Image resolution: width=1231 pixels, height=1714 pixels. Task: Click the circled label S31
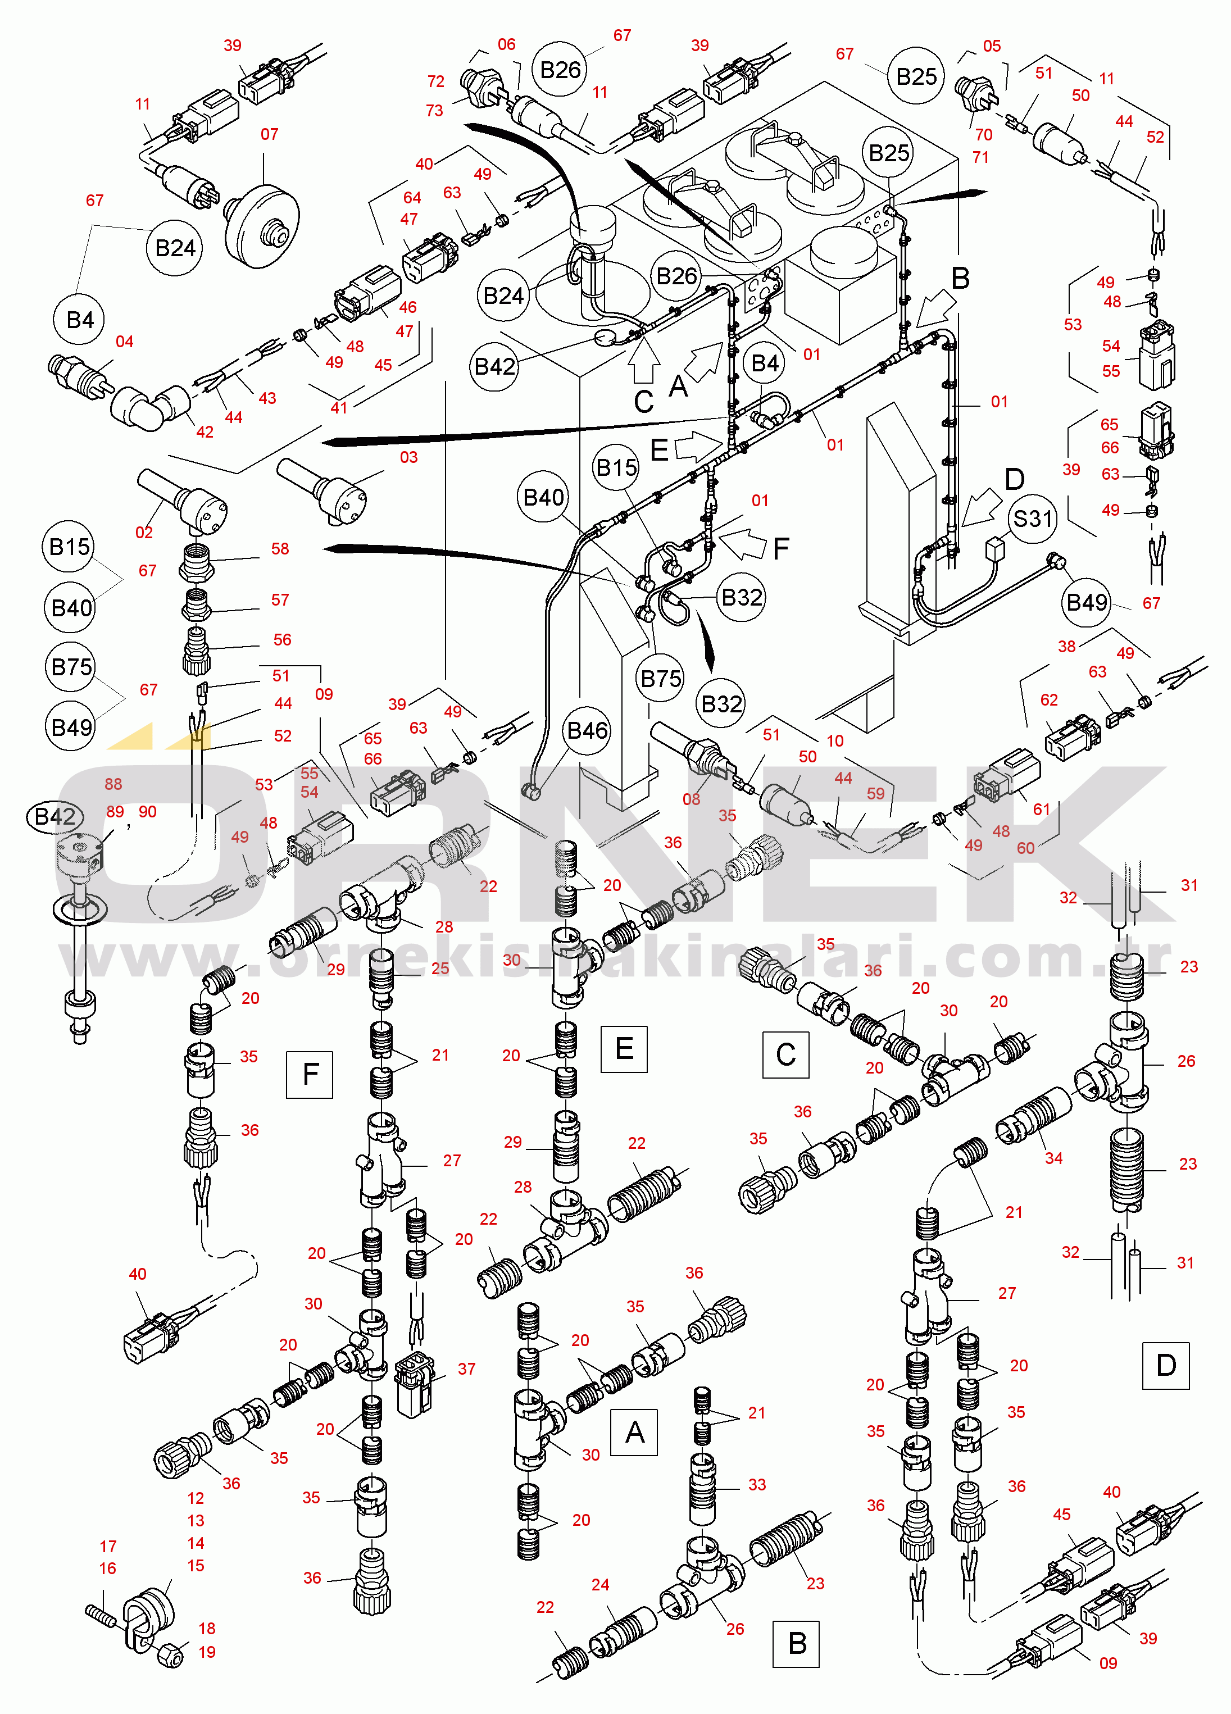tap(1032, 519)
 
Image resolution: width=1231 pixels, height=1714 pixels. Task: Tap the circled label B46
tap(588, 731)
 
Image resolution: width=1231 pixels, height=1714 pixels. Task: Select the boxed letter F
tap(310, 1074)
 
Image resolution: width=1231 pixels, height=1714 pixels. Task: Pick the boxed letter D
tap(1166, 1366)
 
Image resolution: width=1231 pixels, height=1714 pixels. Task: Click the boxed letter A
tap(634, 1432)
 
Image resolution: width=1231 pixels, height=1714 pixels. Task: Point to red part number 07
tap(269, 134)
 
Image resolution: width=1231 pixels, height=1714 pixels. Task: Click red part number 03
tap(409, 457)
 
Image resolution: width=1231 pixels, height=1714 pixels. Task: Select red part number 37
tap(467, 1370)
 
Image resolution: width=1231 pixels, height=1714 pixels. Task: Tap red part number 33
tap(757, 1485)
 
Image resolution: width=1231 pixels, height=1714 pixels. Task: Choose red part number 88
tap(113, 784)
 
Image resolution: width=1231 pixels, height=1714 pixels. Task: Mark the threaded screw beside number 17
tap(101, 1616)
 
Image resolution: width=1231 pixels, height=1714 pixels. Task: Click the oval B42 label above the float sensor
tap(54, 817)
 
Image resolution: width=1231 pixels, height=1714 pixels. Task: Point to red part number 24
tap(600, 1585)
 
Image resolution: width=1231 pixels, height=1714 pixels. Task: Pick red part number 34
tap(1053, 1158)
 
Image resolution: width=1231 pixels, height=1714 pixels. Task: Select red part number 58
tap(280, 549)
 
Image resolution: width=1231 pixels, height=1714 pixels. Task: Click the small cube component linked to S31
tap(997, 547)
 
